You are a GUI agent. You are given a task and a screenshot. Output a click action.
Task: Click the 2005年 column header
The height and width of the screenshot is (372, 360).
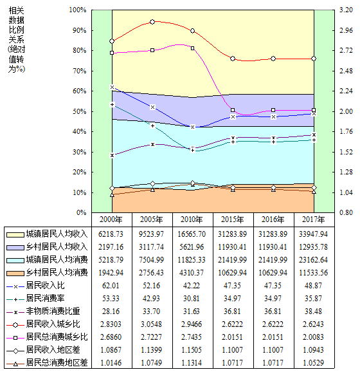click(152, 219)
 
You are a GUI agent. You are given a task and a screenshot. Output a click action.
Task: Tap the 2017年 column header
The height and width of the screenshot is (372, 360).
click(313, 219)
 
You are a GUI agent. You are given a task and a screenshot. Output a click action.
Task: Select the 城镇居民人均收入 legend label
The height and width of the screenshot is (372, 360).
click(57, 234)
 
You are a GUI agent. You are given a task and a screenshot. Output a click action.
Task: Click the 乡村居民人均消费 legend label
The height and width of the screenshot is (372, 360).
click(57, 272)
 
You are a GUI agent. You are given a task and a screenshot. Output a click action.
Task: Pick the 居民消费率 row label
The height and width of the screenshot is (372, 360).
click(45, 298)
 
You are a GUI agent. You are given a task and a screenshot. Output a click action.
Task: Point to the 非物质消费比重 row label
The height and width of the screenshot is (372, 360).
click(53, 311)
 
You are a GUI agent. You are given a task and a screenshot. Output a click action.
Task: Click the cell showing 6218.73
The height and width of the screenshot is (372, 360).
click(111, 234)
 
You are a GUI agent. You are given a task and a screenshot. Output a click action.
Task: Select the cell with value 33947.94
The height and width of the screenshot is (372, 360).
click(313, 234)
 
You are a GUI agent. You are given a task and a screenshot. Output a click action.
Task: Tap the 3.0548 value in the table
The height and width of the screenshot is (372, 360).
click(152, 324)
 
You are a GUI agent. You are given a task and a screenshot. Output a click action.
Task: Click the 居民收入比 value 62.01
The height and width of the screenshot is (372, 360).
click(111, 285)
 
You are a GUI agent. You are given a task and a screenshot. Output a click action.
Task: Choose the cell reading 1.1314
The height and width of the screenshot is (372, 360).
click(192, 362)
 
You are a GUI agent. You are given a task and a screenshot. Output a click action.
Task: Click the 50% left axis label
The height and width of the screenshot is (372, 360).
click(80, 111)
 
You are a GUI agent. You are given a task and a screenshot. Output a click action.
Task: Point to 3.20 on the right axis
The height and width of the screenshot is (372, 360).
click(346, 10)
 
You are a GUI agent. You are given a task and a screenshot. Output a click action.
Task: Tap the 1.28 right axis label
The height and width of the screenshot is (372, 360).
click(346, 172)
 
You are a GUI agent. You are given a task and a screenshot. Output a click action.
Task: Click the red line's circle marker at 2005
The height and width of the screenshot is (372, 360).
click(152, 22)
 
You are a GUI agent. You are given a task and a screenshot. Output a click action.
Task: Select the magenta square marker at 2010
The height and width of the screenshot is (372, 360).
click(193, 48)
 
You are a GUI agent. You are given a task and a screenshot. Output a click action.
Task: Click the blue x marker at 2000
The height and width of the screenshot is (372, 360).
click(112, 88)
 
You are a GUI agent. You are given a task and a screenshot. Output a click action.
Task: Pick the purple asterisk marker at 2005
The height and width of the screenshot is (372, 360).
click(152, 144)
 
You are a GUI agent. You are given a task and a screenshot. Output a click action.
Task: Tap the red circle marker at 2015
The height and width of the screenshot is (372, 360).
click(233, 59)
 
